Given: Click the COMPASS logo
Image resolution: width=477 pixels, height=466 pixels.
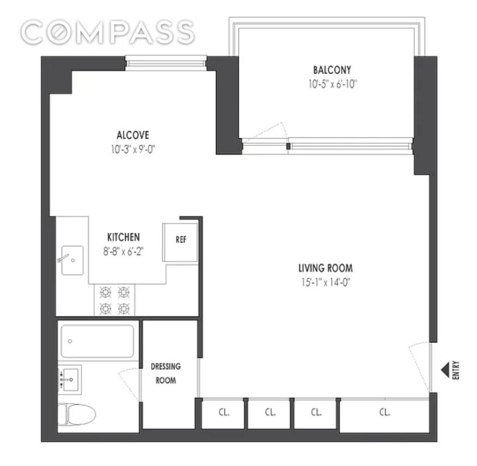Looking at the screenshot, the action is (107, 32).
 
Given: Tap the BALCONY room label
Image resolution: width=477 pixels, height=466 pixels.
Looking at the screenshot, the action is (332, 70).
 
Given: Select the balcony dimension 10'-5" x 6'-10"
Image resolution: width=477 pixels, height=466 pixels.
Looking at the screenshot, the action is (332, 84).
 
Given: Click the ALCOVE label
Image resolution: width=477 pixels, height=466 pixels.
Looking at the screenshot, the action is (133, 135).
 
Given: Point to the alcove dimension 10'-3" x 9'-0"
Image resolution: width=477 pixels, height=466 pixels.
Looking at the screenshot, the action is (133, 149).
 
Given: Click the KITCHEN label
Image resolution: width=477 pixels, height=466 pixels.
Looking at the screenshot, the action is (124, 237).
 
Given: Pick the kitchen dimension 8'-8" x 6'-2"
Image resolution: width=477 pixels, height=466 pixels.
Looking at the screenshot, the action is (123, 251).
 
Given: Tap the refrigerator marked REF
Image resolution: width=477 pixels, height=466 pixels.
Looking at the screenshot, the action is (180, 242).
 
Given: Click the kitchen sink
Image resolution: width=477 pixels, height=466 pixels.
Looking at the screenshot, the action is (72, 260).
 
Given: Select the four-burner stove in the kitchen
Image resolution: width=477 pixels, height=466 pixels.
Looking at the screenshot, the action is (114, 300).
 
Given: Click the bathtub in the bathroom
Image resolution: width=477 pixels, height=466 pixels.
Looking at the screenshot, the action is (97, 341).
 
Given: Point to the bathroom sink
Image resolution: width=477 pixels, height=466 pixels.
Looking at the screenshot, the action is (70, 379).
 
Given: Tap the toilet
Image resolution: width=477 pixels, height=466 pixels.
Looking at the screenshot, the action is (77, 414).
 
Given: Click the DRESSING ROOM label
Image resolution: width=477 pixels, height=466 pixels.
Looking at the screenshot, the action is (166, 373).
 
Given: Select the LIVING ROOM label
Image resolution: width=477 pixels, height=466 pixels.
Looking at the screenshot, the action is (325, 268).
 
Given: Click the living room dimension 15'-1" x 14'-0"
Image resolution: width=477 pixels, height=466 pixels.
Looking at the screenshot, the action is (325, 283).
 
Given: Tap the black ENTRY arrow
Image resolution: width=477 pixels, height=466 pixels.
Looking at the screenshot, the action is (445, 370).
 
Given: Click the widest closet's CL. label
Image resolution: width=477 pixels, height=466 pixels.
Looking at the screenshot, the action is (384, 412).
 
